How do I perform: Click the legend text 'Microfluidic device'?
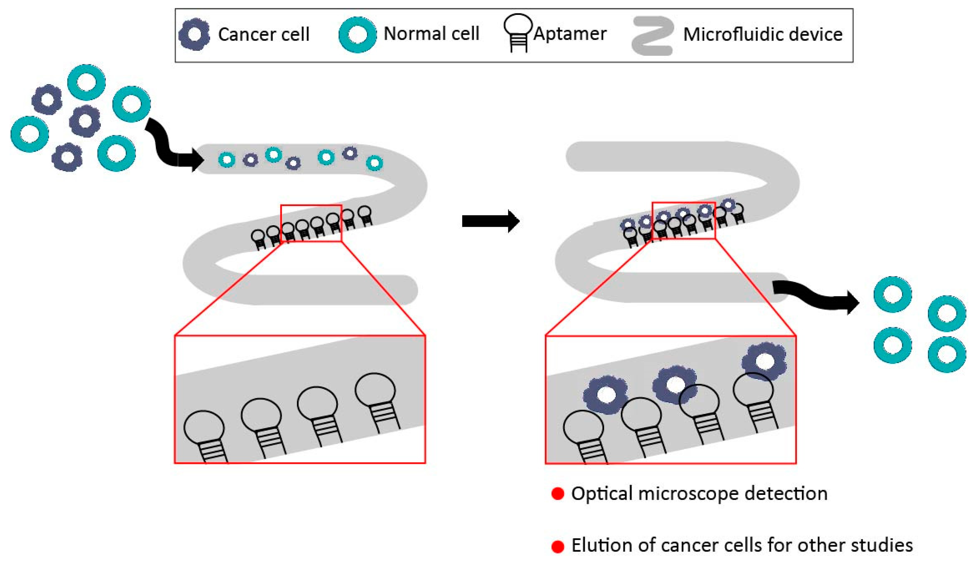click(x=763, y=34)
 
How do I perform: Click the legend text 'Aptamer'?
click(x=570, y=34)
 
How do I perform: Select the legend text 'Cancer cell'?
click(x=264, y=34)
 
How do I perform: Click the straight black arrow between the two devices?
click(x=491, y=221)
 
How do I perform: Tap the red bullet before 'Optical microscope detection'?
click(x=558, y=494)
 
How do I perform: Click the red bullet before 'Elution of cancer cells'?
click(x=558, y=546)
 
